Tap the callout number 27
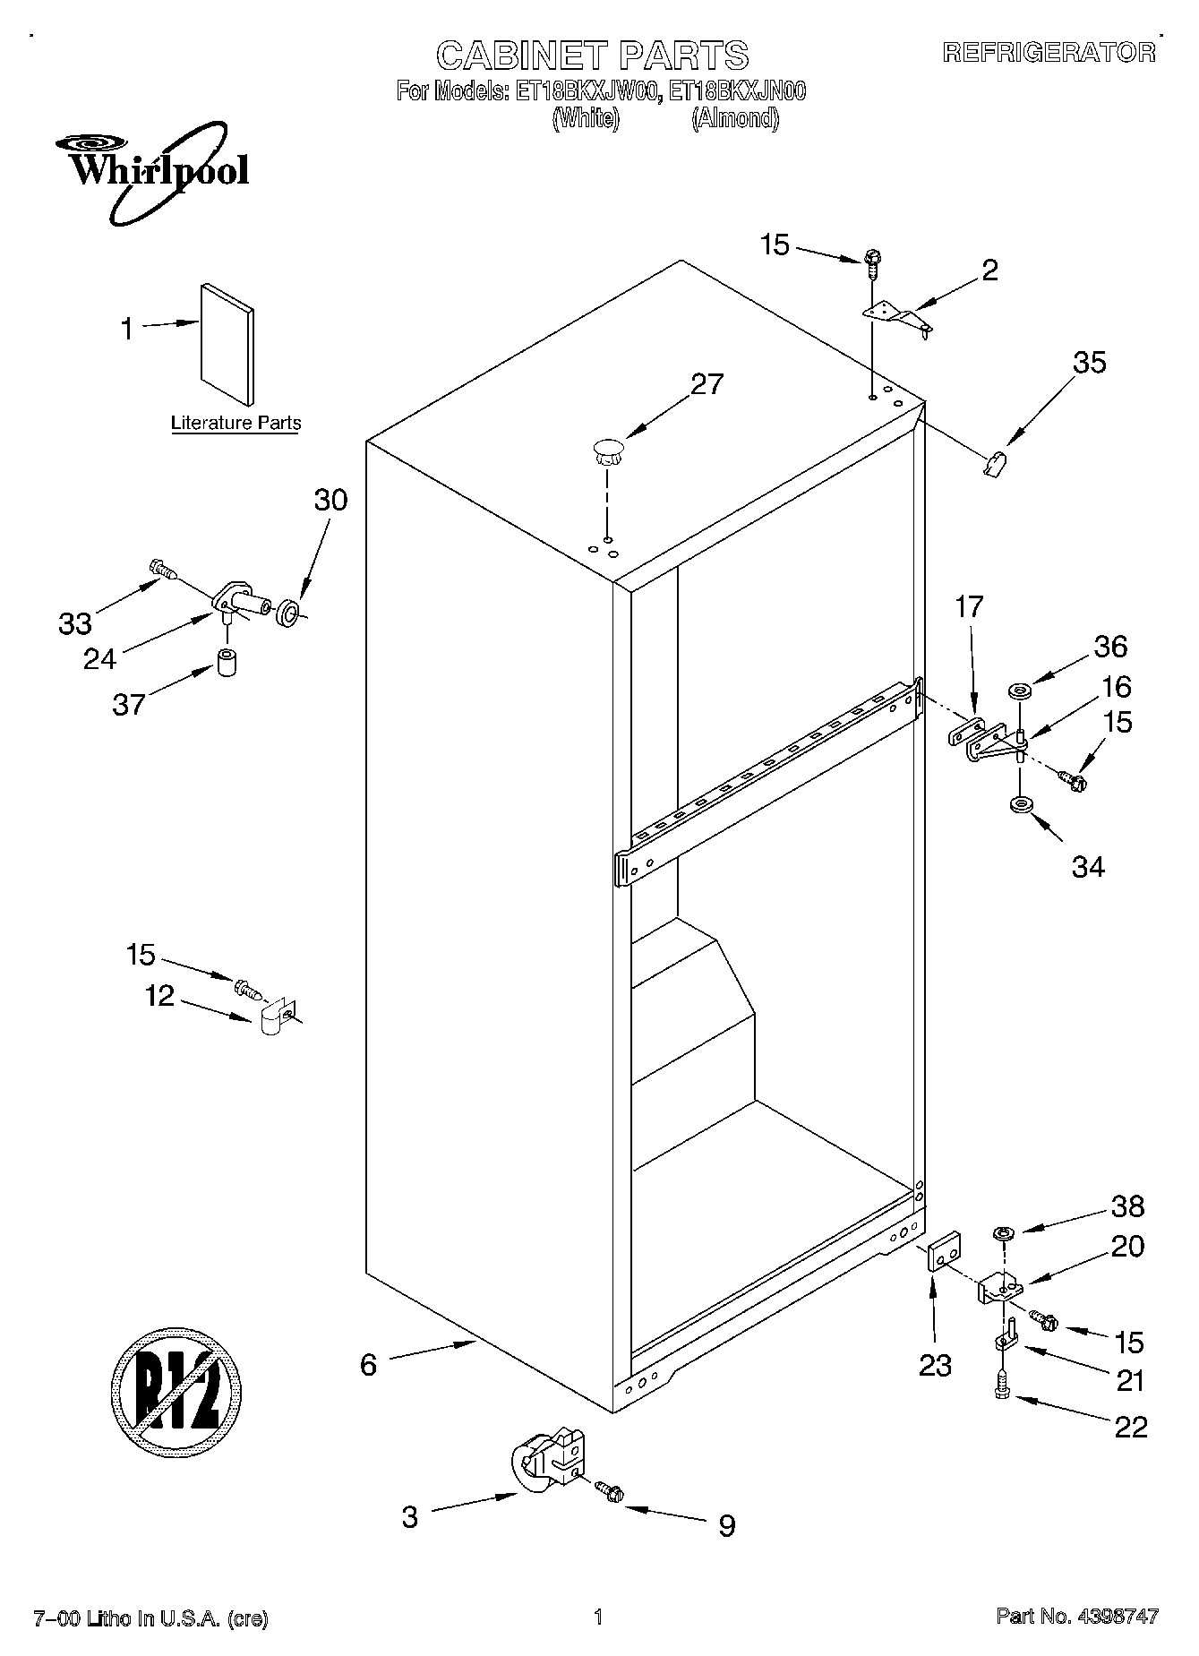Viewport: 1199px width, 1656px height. (707, 384)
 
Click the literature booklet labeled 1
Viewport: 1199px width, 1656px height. (227, 345)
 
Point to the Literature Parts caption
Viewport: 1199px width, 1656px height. (236, 424)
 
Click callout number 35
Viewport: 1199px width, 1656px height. (1090, 363)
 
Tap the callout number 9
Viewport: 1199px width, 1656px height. (726, 1525)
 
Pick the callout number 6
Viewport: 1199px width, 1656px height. (368, 1365)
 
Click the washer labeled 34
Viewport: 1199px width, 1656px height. (1020, 805)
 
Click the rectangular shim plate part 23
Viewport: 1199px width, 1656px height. (944, 1250)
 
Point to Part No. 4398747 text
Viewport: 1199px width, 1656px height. (1077, 1617)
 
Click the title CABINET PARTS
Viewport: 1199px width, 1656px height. (592, 56)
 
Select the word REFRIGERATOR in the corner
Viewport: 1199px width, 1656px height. (1049, 53)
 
